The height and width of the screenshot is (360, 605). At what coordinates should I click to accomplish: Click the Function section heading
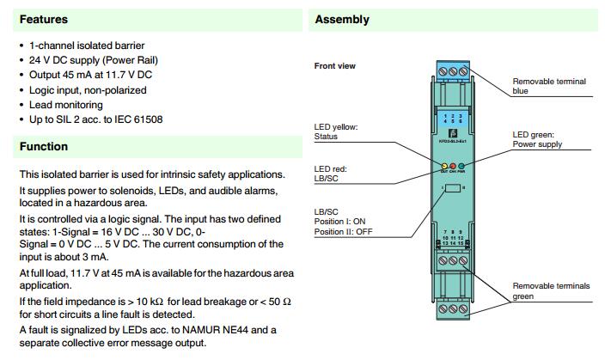(44, 147)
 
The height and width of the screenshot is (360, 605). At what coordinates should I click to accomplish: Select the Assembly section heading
(342, 19)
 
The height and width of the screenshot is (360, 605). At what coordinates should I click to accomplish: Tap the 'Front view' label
(335, 66)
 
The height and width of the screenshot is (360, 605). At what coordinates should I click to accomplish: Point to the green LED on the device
(461, 166)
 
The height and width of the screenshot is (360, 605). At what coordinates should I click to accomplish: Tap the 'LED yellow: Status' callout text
(336, 131)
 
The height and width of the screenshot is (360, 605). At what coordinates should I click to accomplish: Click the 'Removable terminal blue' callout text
(549, 86)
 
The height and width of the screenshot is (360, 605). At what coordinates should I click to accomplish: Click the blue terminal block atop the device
(452, 70)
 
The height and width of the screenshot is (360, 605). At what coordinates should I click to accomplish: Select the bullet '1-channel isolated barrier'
(88, 45)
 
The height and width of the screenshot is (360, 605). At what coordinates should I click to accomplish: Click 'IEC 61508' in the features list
(138, 119)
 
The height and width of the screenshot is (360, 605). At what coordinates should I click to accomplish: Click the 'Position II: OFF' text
(342, 230)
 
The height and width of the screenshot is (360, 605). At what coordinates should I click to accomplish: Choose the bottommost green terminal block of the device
(452, 308)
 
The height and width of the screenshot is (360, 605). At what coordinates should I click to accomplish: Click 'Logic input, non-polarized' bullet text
(89, 89)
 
